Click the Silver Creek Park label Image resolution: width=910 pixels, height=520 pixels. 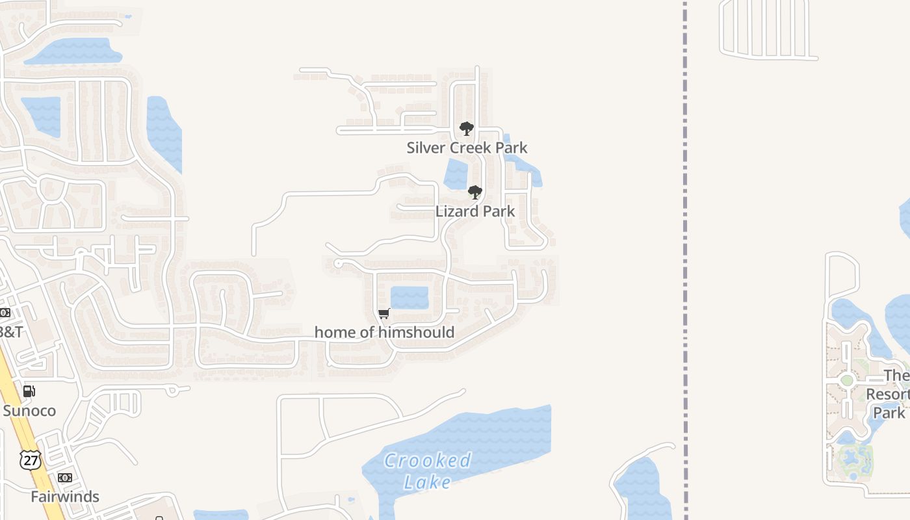click(x=467, y=148)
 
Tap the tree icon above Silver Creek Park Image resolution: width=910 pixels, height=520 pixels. click(x=466, y=129)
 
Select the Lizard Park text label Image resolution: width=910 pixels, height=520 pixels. click(x=475, y=211)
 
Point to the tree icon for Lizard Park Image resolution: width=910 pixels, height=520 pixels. click(x=475, y=192)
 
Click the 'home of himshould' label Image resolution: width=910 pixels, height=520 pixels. click(x=384, y=332)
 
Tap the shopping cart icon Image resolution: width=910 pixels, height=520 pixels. click(x=384, y=314)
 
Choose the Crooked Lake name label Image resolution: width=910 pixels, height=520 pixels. click(x=427, y=471)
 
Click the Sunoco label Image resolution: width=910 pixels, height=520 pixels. click(x=29, y=411)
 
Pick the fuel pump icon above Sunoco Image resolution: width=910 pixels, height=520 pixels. click(x=29, y=391)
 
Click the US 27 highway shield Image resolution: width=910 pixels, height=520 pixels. click(x=30, y=459)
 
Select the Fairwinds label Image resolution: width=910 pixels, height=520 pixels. click(x=65, y=497)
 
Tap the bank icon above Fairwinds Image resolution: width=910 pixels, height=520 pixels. click(x=65, y=478)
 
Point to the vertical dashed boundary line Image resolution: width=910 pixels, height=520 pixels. click(x=685, y=260)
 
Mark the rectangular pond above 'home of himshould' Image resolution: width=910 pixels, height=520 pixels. click(x=409, y=298)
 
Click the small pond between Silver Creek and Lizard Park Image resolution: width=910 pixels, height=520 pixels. click(x=456, y=174)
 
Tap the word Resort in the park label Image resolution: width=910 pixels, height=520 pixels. click(x=889, y=395)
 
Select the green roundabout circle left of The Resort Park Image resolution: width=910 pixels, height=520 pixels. click(x=846, y=380)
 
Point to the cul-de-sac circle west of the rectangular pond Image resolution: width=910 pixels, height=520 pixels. click(x=337, y=263)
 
